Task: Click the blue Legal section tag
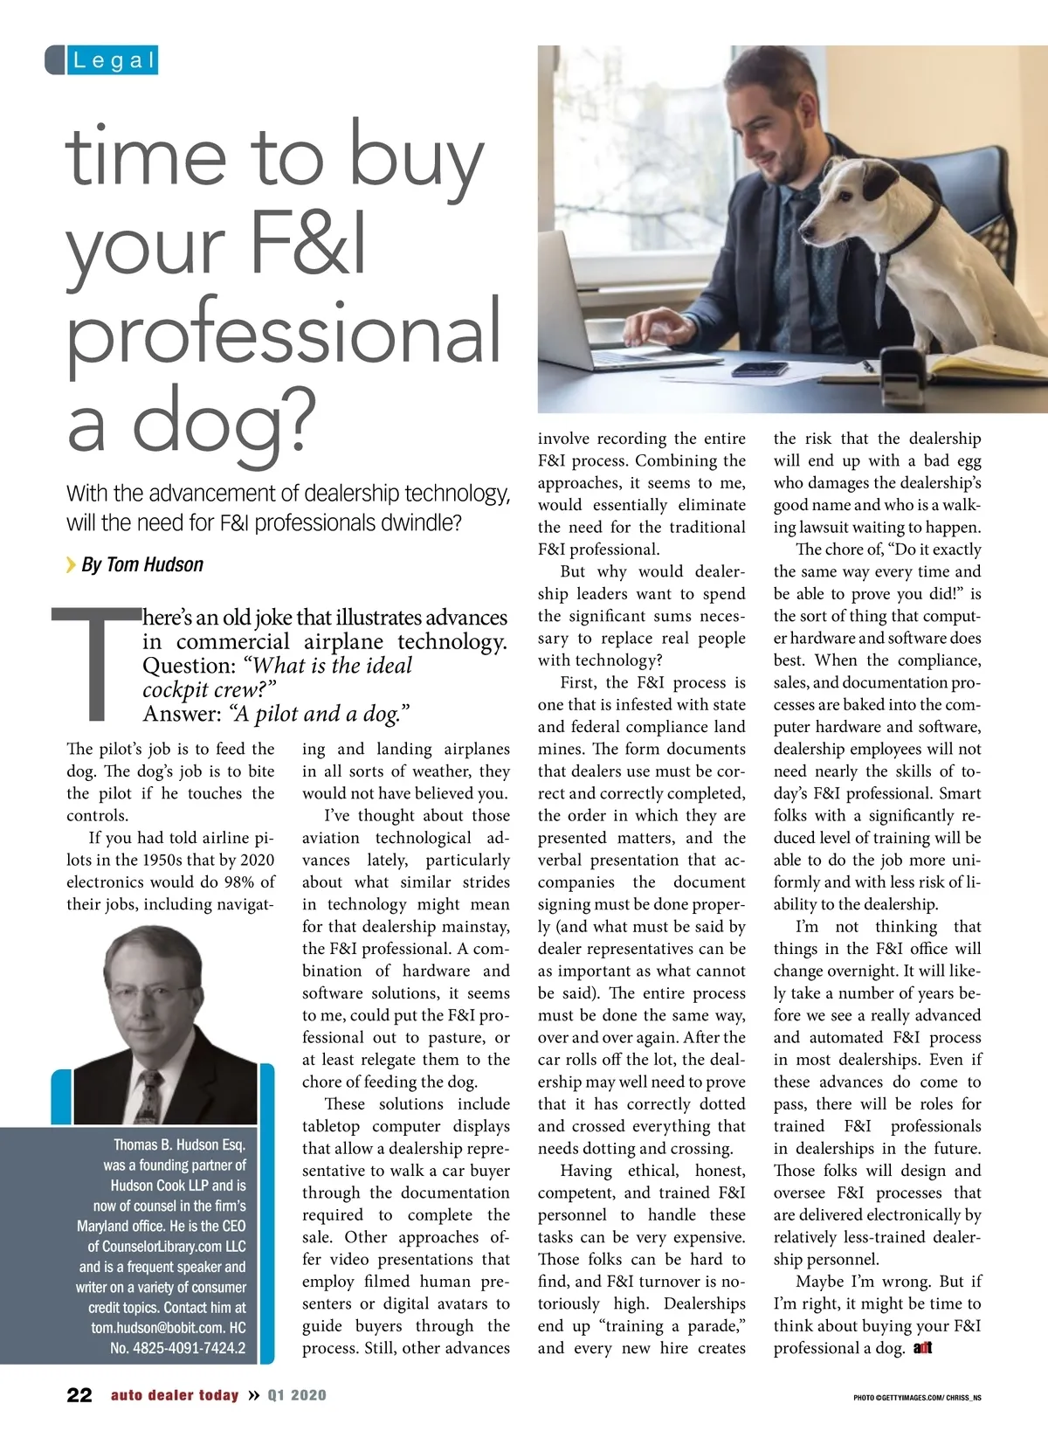tap(102, 60)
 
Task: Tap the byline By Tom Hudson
tap(141, 565)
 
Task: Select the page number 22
tap(79, 1395)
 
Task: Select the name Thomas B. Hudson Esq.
tap(179, 1144)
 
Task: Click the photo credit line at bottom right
tap(917, 1398)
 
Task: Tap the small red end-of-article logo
tap(922, 1348)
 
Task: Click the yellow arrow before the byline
tap(71, 565)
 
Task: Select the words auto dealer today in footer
tap(175, 1395)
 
